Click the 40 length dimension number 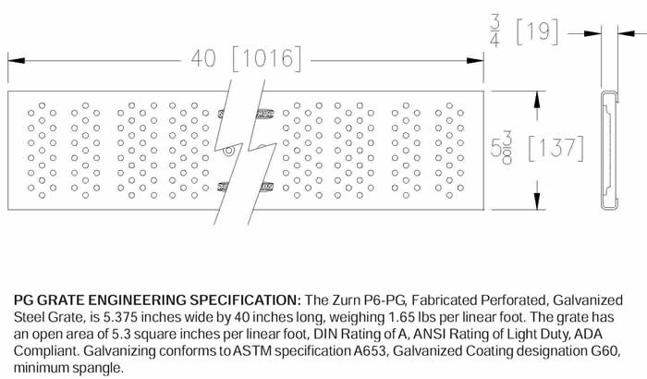click(205, 58)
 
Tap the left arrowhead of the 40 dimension click(13, 58)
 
